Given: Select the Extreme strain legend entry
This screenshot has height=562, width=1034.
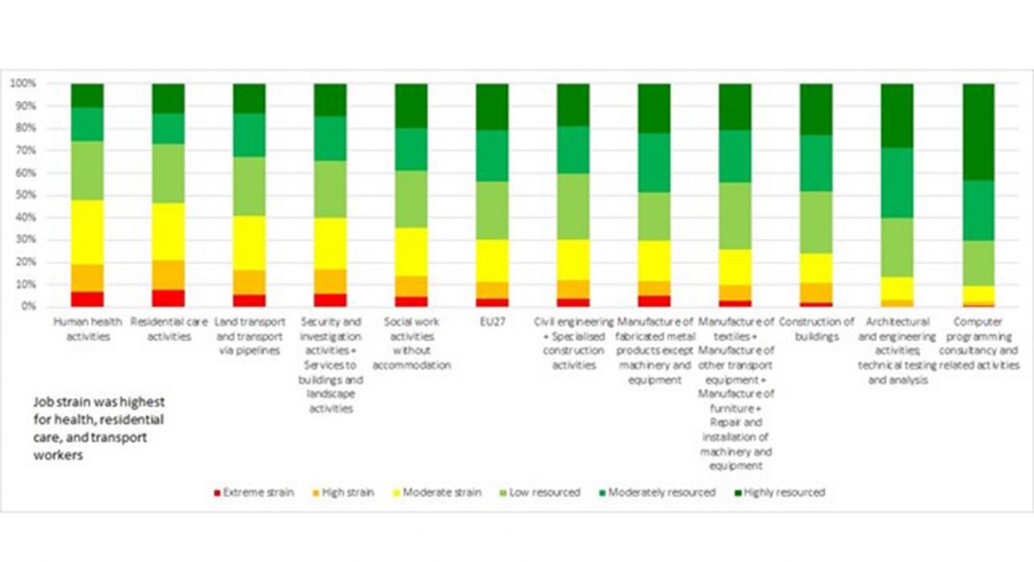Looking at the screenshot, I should click(254, 492).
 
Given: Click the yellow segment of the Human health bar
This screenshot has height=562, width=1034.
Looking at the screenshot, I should click(87, 233).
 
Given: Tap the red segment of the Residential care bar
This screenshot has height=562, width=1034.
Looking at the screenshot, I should click(168, 297).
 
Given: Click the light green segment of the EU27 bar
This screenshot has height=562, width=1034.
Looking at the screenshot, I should click(492, 210).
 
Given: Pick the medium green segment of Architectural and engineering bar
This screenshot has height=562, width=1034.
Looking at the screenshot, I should click(897, 182).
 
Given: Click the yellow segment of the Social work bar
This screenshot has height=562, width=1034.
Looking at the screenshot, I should click(411, 252).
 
